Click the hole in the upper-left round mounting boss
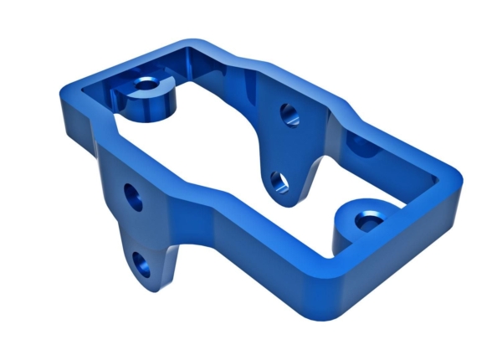coord(147,84)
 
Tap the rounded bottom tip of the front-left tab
coord(156,290)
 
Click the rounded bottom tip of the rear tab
coord(284,201)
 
